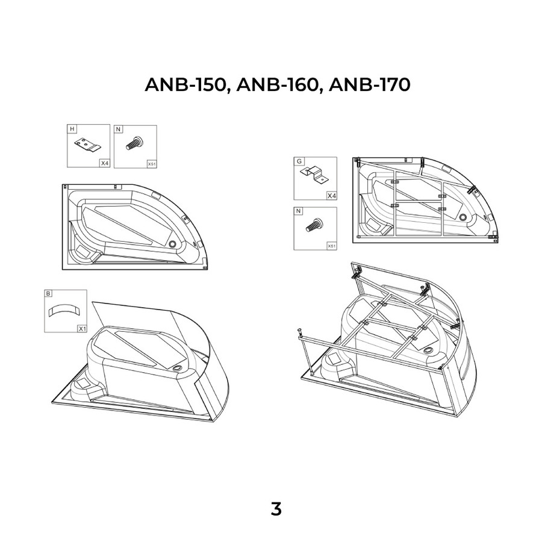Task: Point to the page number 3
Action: point(276,509)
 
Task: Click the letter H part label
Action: point(72,129)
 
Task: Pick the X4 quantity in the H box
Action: point(104,163)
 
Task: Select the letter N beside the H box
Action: point(119,129)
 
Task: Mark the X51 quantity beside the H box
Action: point(151,163)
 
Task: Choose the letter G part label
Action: point(299,161)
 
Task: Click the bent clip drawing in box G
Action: point(314,175)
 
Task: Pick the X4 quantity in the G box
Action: point(331,196)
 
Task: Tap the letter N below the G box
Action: point(299,211)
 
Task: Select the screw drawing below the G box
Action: point(314,226)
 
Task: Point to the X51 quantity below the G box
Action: point(331,246)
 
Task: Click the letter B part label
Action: point(49,294)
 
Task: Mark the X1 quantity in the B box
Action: point(81,328)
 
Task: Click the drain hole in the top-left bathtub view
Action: point(173,244)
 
